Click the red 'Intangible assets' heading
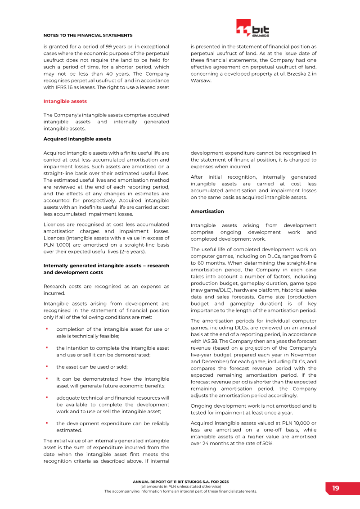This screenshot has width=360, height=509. pyautogui.click(x=65, y=101)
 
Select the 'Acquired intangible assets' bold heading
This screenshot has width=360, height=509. pyautogui.click(x=77, y=139)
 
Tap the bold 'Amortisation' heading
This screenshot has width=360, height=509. pyautogui.click(x=207, y=211)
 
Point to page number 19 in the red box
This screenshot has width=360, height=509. pyautogui.click(x=336, y=488)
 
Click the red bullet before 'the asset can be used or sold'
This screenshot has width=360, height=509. pyautogui.click(x=46, y=366)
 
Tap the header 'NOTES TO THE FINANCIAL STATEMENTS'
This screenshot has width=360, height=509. pyautogui.click(x=88, y=35)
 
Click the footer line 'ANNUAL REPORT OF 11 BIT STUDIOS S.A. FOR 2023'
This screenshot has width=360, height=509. pyautogui.click(x=180, y=482)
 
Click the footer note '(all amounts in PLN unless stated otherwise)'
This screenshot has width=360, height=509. pyautogui.click(x=180, y=486)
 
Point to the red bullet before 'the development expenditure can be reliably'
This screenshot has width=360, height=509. pyautogui.click(x=46, y=423)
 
